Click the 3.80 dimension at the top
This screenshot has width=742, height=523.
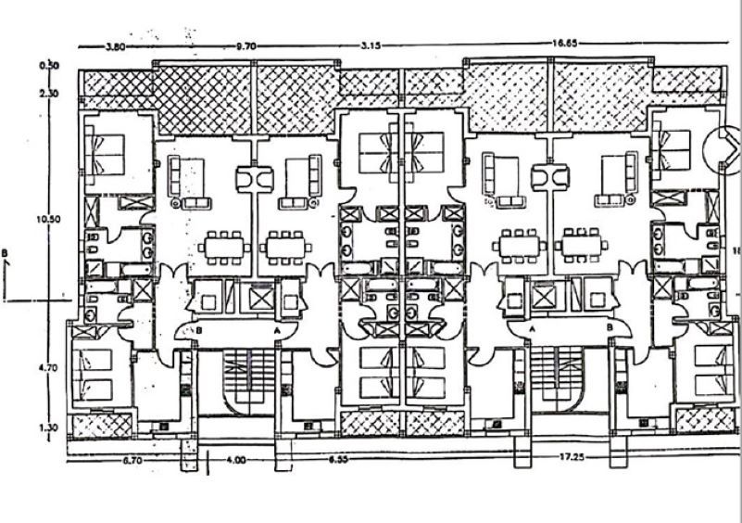[x=115, y=45]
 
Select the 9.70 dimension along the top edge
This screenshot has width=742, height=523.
[x=245, y=45]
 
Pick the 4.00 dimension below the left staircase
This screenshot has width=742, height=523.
[x=238, y=459]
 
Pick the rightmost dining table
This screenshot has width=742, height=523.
[x=583, y=247]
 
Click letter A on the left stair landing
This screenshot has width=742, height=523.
[x=276, y=329]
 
